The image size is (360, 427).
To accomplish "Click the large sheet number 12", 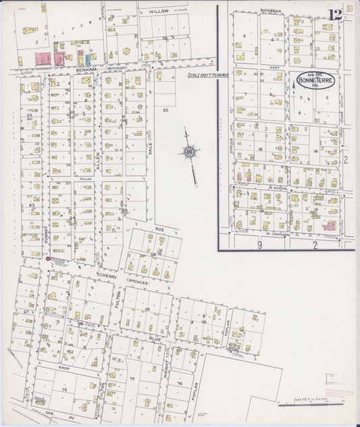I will point(336,14).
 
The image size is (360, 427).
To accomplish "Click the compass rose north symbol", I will point(189,152).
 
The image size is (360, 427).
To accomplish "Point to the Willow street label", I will point(159,11).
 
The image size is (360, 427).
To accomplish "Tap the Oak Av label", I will point(49,411).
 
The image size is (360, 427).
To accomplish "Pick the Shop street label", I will point(64,368).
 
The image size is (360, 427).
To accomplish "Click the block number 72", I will point(64,391).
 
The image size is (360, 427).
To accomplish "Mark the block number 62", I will point(165,109).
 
